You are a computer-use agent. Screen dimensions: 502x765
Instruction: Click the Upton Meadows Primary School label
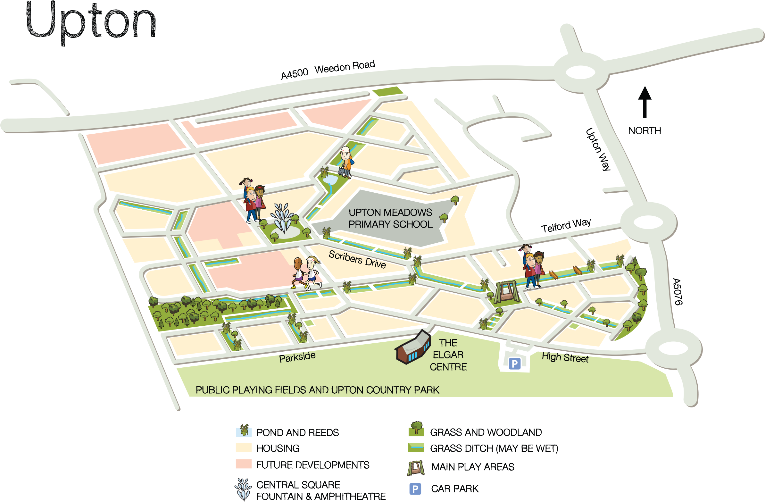tap(390, 218)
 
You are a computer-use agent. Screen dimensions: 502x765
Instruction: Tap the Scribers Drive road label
tap(357, 259)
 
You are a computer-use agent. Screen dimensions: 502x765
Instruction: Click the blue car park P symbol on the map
tap(514, 364)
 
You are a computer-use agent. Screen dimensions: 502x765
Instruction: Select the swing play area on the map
tap(506, 292)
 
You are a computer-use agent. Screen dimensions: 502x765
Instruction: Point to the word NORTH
tap(644, 131)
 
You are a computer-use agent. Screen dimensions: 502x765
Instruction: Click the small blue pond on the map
tap(331, 180)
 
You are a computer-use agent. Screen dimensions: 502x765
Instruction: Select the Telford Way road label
tap(566, 225)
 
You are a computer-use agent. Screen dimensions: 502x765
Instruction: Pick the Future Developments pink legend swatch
tap(243, 464)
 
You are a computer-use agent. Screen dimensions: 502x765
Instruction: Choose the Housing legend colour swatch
tap(243, 447)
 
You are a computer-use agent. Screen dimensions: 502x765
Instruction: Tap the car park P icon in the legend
tap(415, 489)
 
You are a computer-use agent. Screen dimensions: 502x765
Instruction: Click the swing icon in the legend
tap(416, 468)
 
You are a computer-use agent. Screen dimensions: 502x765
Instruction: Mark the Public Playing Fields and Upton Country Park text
tap(317, 390)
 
